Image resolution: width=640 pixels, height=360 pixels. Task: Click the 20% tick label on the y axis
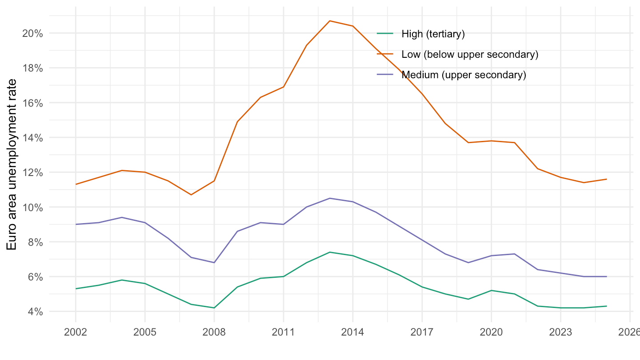(x=32, y=34)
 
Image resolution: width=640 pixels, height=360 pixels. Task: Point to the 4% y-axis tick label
(x=35, y=312)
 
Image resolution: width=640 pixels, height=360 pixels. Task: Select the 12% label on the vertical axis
(x=32, y=173)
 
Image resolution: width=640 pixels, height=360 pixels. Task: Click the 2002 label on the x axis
(x=76, y=332)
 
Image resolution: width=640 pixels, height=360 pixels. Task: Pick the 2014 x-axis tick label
(x=352, y=332)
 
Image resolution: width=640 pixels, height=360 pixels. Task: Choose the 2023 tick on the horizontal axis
(x=560, y=332)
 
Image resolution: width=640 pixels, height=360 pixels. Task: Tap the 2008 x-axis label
(x=214, y=332)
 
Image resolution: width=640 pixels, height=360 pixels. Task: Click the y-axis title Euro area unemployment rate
(x=12, y=165)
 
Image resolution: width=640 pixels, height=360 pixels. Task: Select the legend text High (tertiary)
(x=433, y=34)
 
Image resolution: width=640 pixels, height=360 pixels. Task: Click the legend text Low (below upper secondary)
(x=470, y=54)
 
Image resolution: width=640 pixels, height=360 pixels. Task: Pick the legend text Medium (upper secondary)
(x=464, y=75)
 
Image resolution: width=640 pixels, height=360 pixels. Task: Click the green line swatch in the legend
(x=385, y=33)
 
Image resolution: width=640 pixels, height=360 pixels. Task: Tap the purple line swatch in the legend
(x=385, y=75)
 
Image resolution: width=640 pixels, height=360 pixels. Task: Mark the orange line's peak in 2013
(x=330, y=21)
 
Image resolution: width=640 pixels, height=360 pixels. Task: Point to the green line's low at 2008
(x=214, y=308)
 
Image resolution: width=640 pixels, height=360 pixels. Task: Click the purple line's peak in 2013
(x=330, y=198)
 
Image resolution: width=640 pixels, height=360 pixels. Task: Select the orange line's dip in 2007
(x=191, y=195)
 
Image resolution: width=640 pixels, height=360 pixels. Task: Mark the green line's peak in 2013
(x=330, y=252)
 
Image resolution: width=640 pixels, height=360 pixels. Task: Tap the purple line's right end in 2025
(x=607, y=276)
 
